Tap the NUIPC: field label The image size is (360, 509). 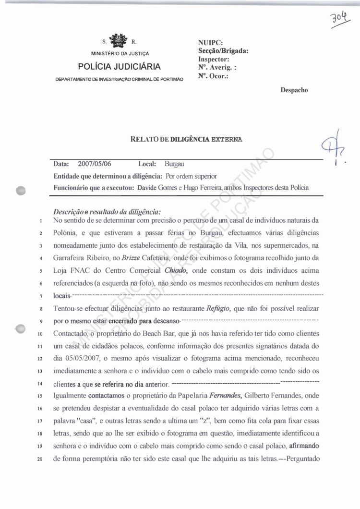pyautogui.click(x=210, y=43)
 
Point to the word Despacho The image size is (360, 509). pyautogui.click(x=294, y=90)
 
